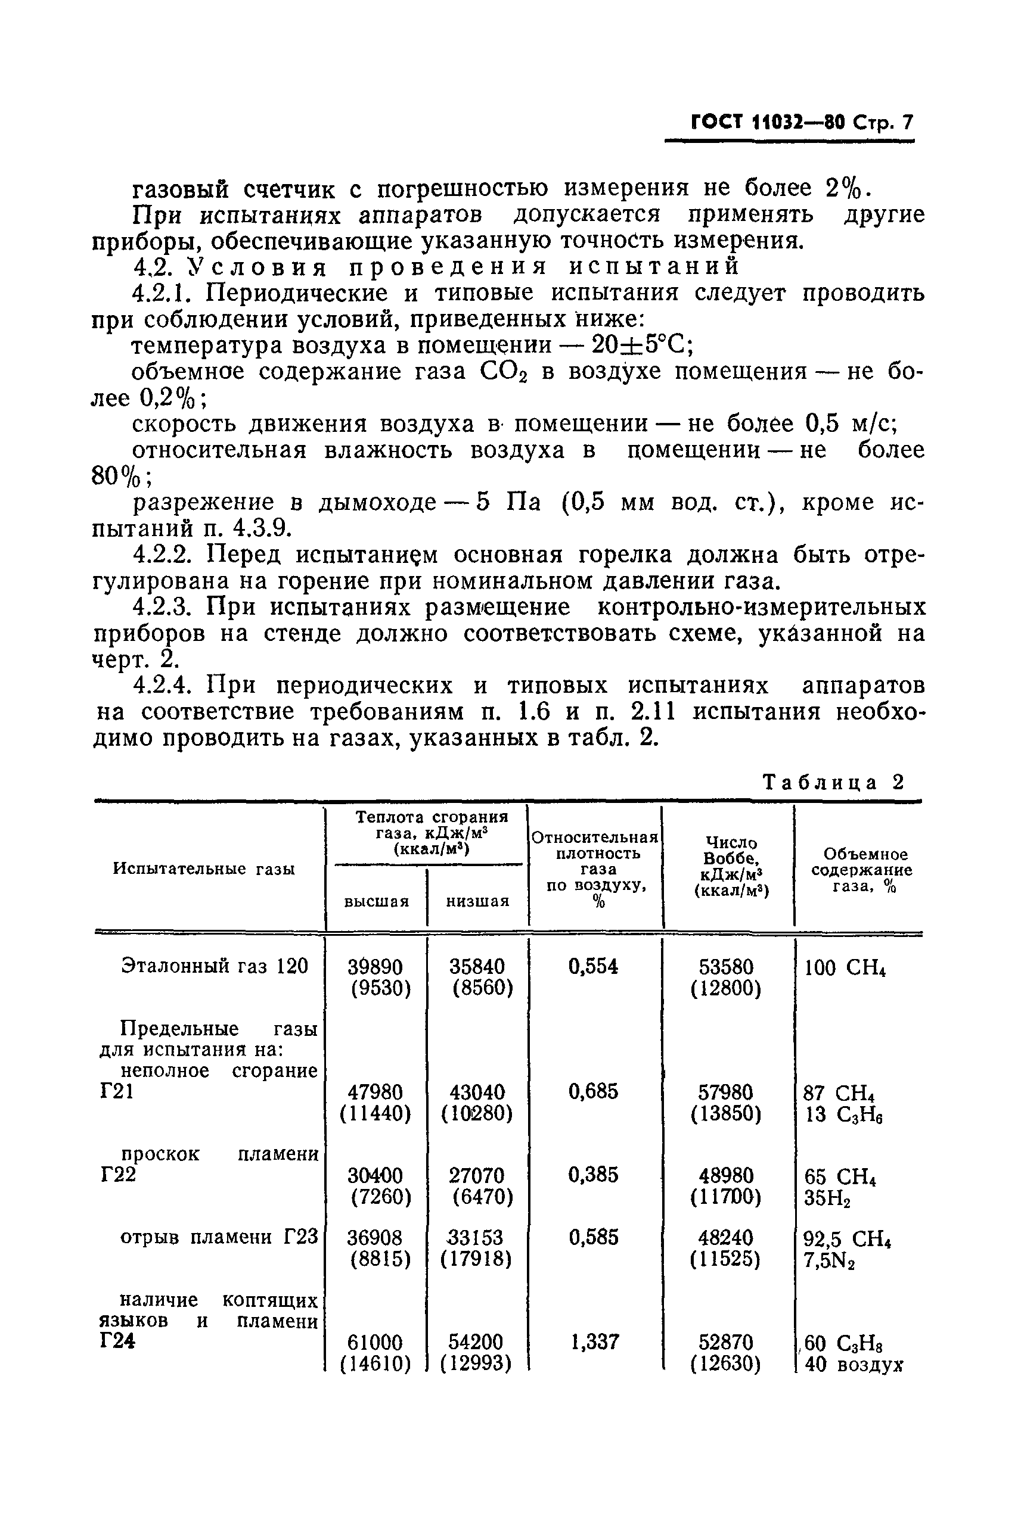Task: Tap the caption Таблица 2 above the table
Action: (833, 781)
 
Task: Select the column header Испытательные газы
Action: (204, 868)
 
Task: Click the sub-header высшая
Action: (376, 902)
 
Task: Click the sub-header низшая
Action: (477, 902)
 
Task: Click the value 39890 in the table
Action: (375, 966)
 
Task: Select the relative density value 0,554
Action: (593, 966)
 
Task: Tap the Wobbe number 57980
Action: (725, 1091)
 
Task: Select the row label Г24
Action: (118, 1342)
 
